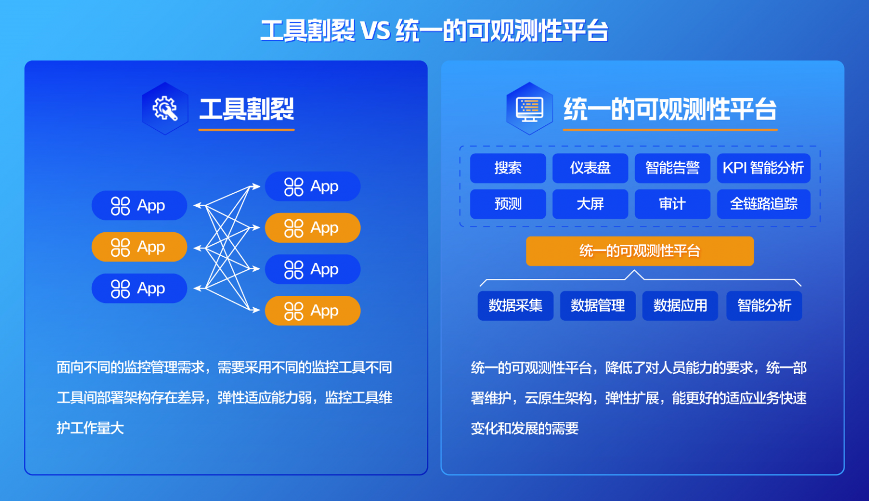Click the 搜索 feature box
508,168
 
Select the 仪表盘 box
590,168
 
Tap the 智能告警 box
672,168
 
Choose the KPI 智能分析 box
764,168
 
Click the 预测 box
508,204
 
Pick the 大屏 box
590,204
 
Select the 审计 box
672,204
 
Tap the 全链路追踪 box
764,204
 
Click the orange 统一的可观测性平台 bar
640,251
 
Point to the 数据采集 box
515,306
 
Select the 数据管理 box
598,306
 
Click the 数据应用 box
680,306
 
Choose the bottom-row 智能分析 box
764,306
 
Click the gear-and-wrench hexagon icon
165,109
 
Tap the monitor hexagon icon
530,109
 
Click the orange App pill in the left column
139,247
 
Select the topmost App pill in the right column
313,187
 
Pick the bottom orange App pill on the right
313,310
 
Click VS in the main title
375,31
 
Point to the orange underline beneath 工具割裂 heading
247,130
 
